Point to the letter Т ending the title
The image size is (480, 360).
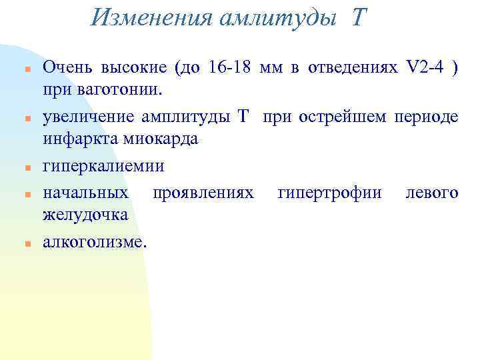click(x=357, y=17)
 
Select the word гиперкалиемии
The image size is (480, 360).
click(x=103, y=166)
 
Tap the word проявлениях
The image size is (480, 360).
click(x=203, y=193)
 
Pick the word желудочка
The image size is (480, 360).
click(x=85, y=214)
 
